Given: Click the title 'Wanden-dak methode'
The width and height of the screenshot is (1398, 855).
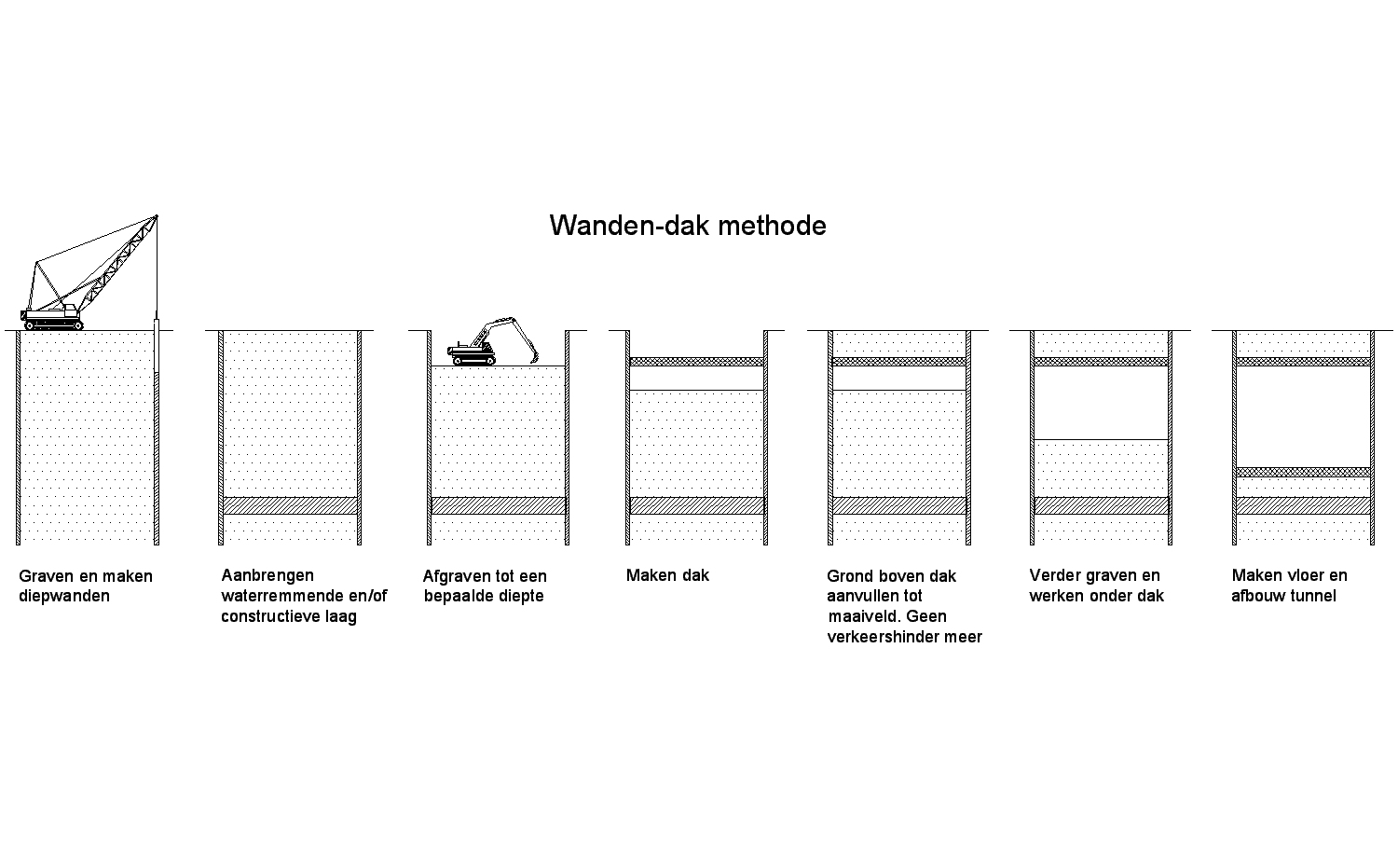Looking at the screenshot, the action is tap(688, 226).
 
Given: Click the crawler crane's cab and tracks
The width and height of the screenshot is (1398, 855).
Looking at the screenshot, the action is tap(52, 317).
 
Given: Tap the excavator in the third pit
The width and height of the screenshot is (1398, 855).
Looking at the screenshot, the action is tap(492, 341).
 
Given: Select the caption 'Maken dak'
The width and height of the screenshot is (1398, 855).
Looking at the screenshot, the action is tap(667, 575).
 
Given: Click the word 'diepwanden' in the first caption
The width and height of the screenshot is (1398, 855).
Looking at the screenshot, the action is tap(64, 597).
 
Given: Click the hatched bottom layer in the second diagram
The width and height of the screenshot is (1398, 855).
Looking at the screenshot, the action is tap(290, 505).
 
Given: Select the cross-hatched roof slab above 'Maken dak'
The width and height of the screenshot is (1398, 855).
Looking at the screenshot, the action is tap(696, 362).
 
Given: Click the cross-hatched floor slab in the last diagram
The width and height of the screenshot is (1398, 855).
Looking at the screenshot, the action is tap(1303, 472).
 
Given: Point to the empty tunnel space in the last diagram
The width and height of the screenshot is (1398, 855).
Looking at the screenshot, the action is tap(1303, 417).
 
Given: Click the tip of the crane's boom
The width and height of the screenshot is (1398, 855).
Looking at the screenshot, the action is tap(157, 216).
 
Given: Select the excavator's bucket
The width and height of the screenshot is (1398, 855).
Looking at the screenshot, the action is tap(534, 358).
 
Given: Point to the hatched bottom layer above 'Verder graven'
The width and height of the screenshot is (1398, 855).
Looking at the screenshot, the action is tap(1101, 505).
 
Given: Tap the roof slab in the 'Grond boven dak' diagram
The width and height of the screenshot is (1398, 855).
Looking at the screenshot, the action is tap(898, 362).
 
